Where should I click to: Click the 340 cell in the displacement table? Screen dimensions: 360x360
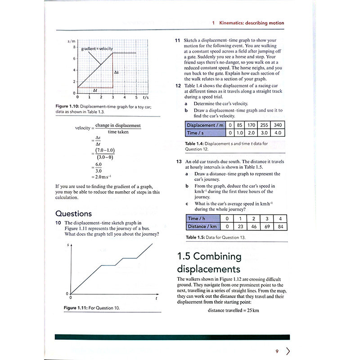(278, 125)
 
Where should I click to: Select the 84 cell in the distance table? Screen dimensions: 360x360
(280, 226)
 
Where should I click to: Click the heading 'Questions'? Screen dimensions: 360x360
(73, 213)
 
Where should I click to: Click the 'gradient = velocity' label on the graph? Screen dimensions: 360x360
(97, 48)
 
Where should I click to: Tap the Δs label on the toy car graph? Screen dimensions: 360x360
(117, 72)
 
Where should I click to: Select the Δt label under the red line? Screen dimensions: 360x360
(95, 90)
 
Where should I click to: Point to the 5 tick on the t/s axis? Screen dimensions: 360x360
(136, 97)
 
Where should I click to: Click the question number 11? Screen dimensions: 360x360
(178, 40)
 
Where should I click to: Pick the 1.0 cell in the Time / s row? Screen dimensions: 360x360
(240, 133)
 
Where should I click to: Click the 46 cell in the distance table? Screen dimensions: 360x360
(254, 226)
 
